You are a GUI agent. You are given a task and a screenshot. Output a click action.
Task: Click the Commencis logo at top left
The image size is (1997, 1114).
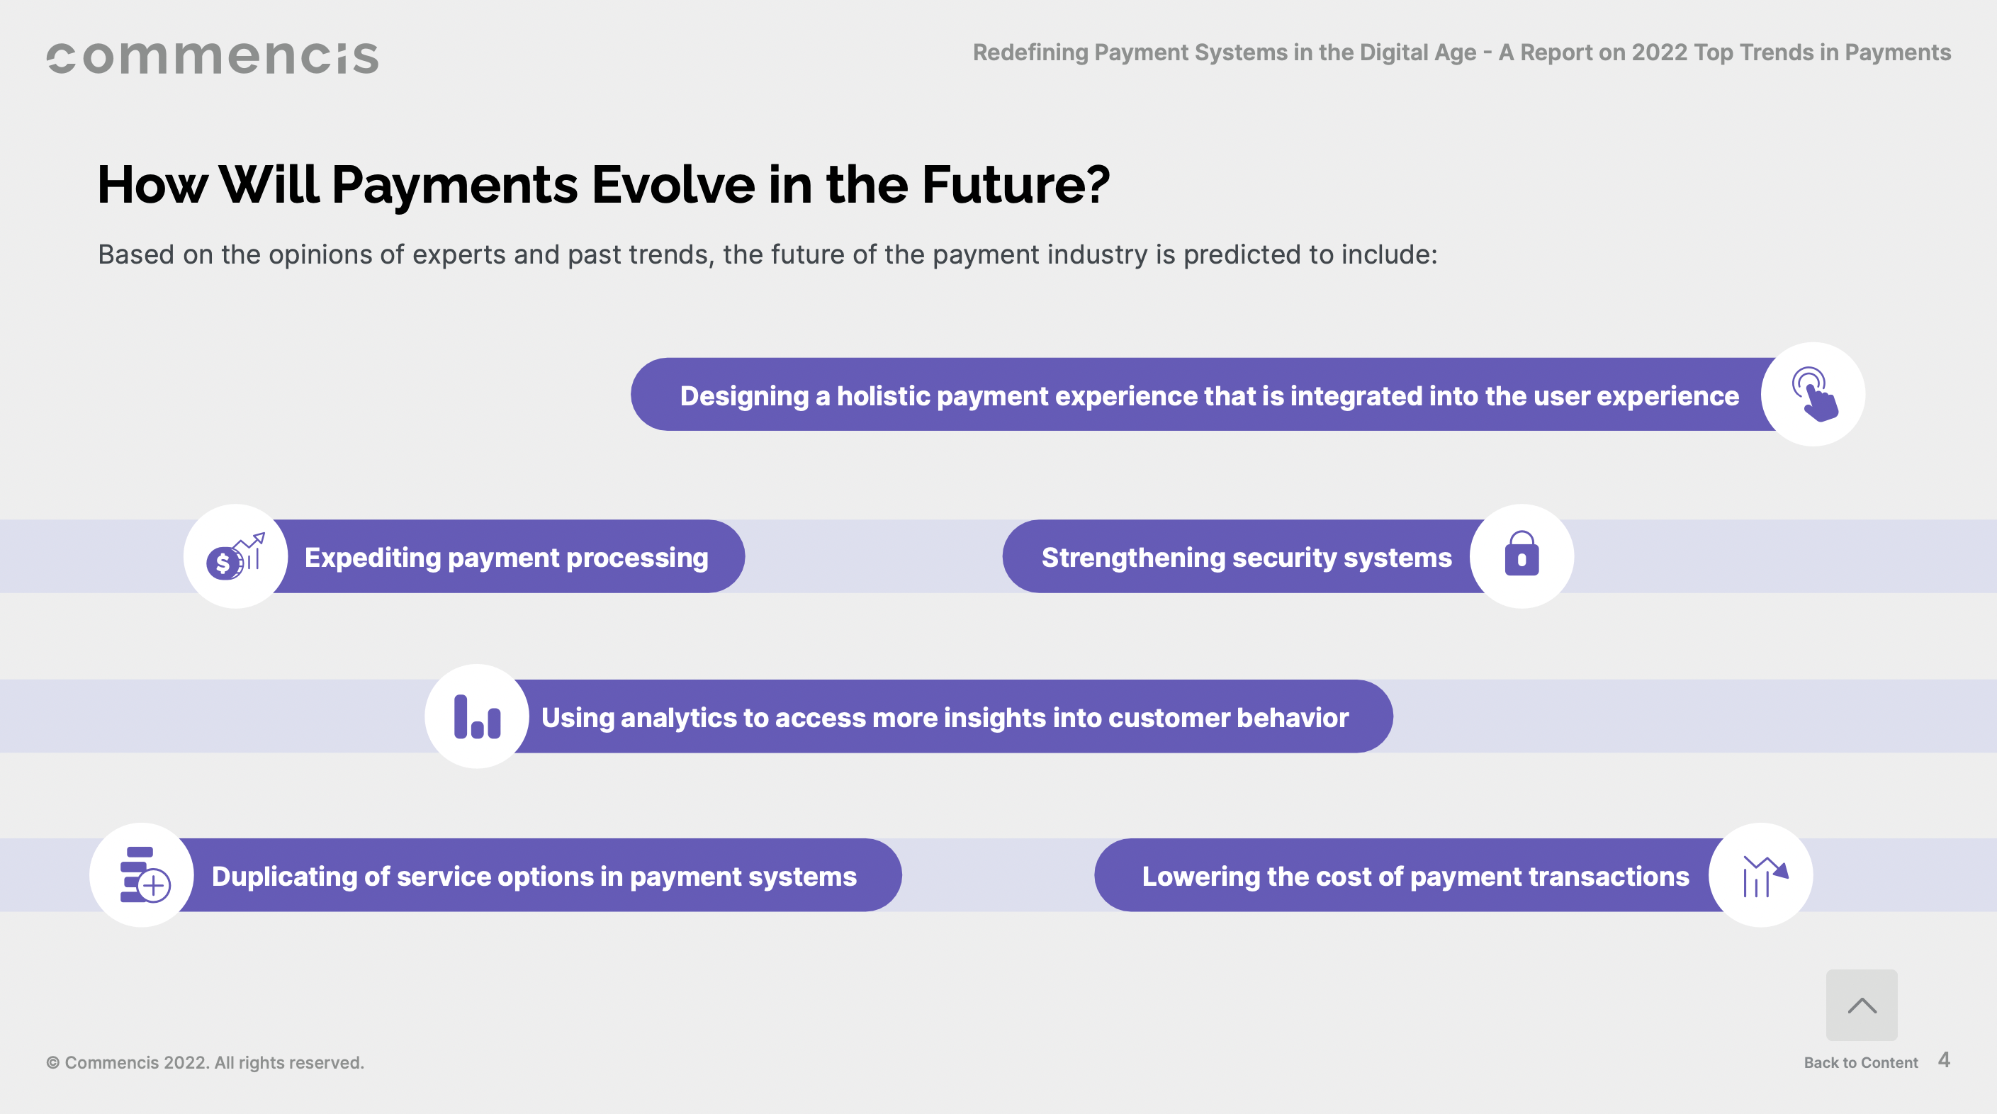[213, 58]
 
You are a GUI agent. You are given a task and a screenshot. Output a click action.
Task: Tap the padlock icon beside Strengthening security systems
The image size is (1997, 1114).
[1521, 553]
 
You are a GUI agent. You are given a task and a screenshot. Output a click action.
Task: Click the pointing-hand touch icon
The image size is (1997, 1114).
[1814, 394]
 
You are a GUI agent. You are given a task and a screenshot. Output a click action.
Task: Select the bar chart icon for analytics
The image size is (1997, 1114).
[478, 716]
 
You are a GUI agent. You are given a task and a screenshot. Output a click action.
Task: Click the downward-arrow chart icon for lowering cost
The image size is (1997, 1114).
[1765, 876]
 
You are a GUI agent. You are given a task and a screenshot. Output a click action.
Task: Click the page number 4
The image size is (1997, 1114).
[1944, 1059]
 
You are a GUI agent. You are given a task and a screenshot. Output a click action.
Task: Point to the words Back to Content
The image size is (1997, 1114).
[1860, 1062]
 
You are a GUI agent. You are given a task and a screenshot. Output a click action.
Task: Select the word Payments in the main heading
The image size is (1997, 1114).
[455, 186]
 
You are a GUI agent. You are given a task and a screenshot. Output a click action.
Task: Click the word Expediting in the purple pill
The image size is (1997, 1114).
[372, 558]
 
